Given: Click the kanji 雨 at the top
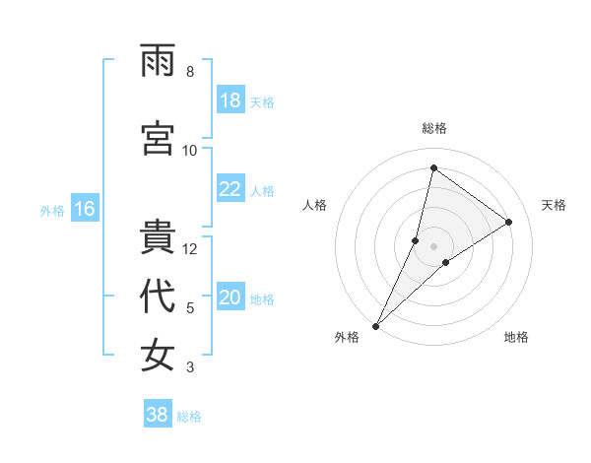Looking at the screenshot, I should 158,61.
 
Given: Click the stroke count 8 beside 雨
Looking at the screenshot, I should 189,72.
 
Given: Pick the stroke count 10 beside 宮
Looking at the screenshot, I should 190,150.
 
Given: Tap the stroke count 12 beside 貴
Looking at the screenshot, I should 190,249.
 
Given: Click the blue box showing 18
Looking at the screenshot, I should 230,100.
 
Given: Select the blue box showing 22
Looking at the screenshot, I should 230,189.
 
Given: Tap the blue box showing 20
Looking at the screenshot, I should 230,298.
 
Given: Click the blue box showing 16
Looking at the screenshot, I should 85,209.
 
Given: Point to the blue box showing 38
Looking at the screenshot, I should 158,415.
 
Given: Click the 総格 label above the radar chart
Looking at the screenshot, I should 434,128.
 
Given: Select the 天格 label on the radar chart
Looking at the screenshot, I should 554,205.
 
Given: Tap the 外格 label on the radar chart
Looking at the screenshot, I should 347,337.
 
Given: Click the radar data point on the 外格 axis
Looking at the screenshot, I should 376,325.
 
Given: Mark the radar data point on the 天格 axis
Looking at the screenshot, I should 509,222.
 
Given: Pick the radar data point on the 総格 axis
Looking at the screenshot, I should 433,167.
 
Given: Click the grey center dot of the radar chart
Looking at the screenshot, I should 433,246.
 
